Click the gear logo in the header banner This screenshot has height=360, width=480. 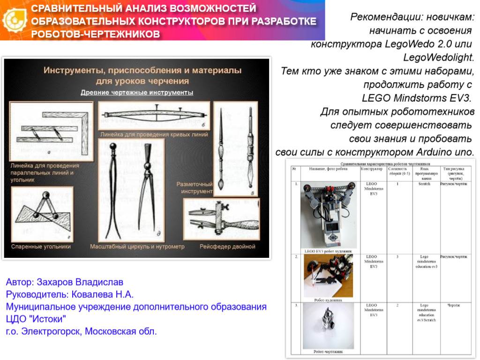pos(14,20)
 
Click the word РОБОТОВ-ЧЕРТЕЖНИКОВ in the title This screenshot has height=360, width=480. pos(96,34)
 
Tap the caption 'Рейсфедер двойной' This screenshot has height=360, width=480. pos(227,246)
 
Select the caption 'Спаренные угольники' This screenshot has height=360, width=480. pos(41,246)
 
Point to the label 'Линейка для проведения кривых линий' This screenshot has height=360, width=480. pos(154,134)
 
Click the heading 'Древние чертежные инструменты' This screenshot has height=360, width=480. pos(137,92)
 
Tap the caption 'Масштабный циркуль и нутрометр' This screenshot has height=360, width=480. pos(137,246)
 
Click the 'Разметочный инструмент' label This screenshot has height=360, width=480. pos(195,187)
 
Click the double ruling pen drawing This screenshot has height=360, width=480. pos(221,219)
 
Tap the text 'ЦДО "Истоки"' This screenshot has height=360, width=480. pos(36,319)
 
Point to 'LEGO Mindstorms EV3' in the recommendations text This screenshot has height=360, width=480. pos(416,98)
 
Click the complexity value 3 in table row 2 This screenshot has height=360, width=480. pos(397,257)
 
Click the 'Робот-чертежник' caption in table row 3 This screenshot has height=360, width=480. pos(328,351)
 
